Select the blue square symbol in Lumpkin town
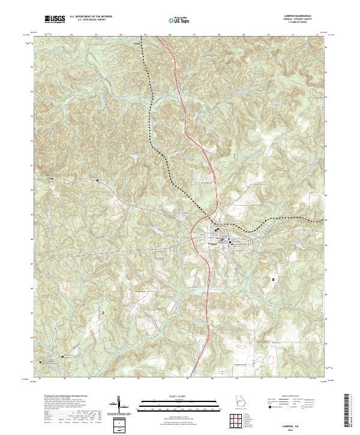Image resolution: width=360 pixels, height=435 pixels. [229, 238]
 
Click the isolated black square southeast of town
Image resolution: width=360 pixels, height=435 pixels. [274, 280]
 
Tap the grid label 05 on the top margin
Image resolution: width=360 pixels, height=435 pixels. [146, 35]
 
